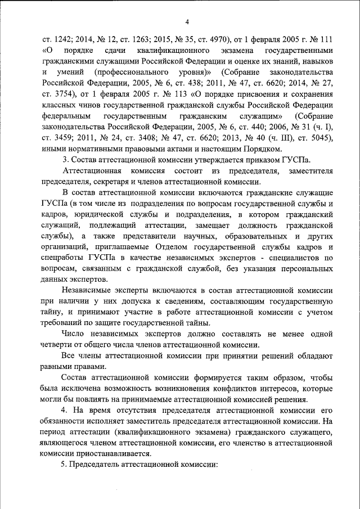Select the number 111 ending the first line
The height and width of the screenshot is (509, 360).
[323, 41]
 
